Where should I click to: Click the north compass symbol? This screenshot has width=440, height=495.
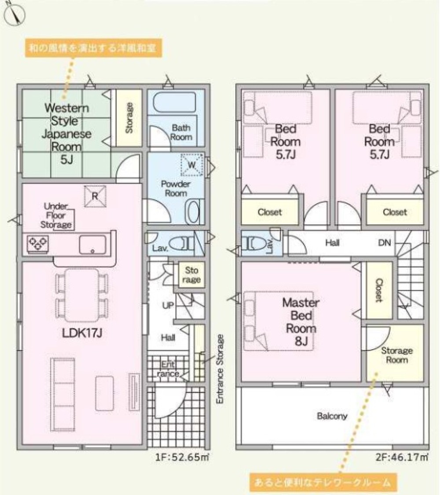click(15, 16)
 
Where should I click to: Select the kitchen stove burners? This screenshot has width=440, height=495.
click(38, 243)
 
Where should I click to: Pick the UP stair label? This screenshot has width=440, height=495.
click(168, 305)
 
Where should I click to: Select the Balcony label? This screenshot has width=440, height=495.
click(332, 416)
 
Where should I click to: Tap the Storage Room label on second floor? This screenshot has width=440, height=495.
click(396, 355)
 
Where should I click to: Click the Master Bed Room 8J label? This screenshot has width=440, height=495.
click(301, 322)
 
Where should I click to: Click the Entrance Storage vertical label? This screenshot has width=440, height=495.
click(220, 368)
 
